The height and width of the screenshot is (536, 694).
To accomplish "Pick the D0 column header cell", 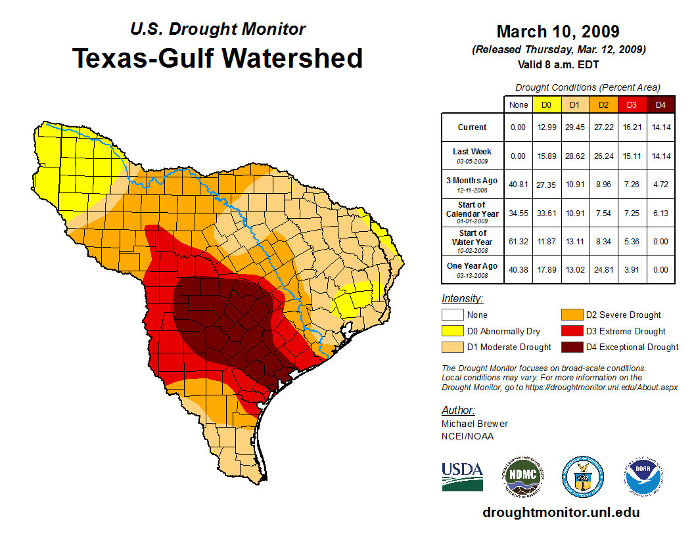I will point(546,104).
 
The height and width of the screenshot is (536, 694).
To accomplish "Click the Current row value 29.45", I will point(574,127).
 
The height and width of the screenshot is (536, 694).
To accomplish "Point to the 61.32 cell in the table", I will point(519,241).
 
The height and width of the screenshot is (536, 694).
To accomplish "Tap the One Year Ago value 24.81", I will point(603,269).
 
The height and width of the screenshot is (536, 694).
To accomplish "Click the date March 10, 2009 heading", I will point(557,32).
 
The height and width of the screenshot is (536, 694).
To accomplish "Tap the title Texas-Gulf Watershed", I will point(218,58).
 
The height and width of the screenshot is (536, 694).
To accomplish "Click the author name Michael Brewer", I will point(474,424).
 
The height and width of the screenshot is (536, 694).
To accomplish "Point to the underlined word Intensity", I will point(462,299).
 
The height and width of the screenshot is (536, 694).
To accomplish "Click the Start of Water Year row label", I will point(472,241).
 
